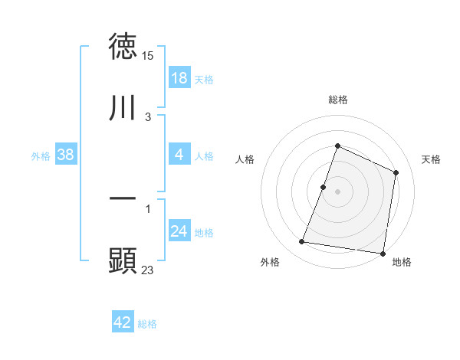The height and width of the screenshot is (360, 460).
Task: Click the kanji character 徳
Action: click(x=123, y=47)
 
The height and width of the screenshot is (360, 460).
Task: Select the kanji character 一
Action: click(x=123, y=198)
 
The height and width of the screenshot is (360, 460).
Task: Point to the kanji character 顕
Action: click(x=123, y=260)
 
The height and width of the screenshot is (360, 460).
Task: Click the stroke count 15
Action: click(x=149, y=56)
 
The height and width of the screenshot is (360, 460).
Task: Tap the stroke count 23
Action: click(x=148, y=270)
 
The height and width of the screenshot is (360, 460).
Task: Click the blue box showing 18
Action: click(x=179, y=78)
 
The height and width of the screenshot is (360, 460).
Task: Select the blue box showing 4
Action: click(x=179, y=155)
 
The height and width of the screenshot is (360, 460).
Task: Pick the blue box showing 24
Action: click(x=179, y=231)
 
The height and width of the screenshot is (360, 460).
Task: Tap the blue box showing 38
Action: click(x=66, y=155)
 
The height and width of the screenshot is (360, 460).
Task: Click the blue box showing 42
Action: click(x=123, y=322)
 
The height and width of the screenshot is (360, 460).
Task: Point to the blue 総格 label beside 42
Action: click(x=147, y=324)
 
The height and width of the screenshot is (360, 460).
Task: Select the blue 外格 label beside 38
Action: click(x=41, y=156)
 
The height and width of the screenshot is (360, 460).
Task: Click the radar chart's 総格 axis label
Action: click(x=337, y=100)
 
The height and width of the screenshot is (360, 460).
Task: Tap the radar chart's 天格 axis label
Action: click(x=432, y=159)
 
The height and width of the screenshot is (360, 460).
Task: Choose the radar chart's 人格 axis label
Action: click(x=244, y=159)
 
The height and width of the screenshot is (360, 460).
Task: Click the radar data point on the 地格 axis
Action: click(x=383, y=253)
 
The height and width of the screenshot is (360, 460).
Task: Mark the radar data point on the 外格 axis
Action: click(x=302, y=242)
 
